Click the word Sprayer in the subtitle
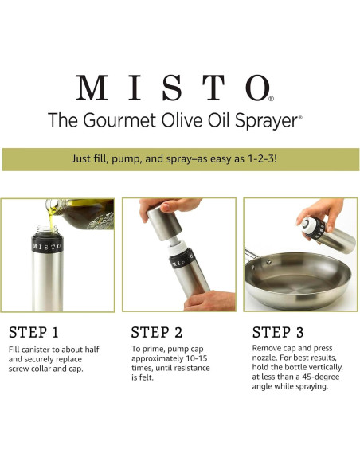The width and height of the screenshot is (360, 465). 266,121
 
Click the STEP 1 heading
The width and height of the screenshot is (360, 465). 33,332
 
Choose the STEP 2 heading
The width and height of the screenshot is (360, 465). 157,332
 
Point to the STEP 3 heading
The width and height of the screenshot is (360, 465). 278,332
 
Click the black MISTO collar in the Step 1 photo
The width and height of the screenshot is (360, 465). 48,246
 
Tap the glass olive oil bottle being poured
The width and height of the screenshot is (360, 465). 80,213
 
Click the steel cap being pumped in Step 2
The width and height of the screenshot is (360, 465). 162,223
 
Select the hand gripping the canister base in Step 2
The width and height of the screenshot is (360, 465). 209,301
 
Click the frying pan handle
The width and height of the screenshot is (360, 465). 251,255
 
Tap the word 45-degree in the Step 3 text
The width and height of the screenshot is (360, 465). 321,377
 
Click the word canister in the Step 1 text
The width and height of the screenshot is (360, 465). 35,350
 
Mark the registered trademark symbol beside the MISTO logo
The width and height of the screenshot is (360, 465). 271,99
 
